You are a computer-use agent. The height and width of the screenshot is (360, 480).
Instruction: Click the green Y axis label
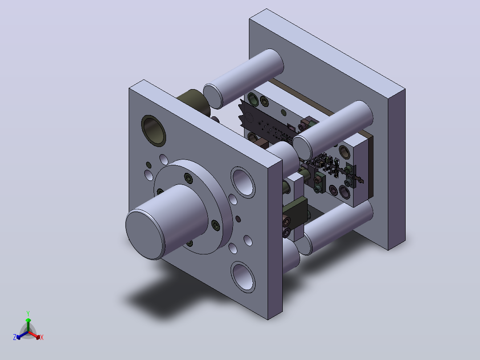(x=28, y=313)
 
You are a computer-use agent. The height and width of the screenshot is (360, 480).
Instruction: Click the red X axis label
(x=42, y=337)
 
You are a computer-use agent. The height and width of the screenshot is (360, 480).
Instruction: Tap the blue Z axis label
(x=15, y=337)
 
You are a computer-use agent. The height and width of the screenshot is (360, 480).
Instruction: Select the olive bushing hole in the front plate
(x=153, y=131)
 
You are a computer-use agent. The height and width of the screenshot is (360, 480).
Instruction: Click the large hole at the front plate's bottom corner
(x=243, y=277)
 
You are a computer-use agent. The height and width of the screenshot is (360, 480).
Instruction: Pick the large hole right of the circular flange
(x=243, y=182)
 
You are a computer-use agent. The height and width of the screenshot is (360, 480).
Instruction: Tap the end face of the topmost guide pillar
(x=213, y=97)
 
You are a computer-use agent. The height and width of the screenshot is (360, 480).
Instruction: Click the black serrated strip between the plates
(x=263, y=123)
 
